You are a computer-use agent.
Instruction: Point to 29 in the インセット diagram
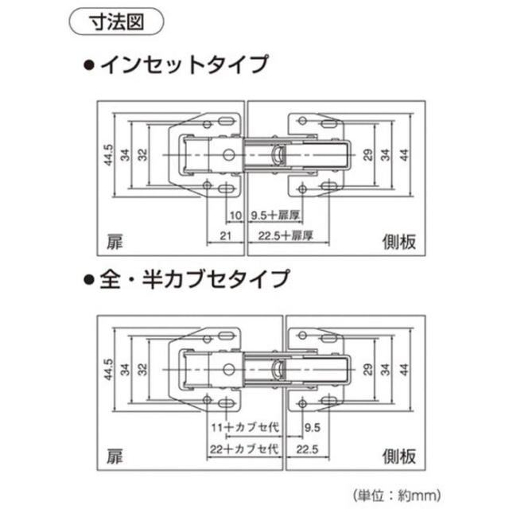(x=367, y=154)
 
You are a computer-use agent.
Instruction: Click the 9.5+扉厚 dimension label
(x=272, y=215)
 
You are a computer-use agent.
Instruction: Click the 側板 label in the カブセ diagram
(x=396, y=457)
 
